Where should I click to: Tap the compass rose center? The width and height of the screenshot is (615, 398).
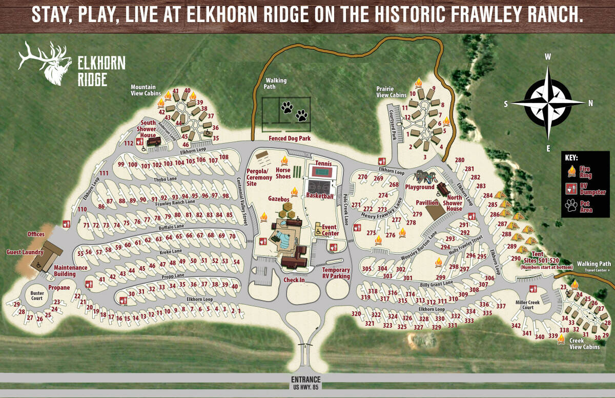548,103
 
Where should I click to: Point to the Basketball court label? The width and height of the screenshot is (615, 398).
320,196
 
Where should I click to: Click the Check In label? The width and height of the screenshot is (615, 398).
294,280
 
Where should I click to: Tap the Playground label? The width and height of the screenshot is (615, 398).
420,187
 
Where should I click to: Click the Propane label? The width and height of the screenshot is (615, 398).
58,288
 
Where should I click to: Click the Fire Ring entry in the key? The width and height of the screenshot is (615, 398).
585,171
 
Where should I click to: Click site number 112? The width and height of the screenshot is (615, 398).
129,143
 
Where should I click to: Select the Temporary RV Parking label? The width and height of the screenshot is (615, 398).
336,273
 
